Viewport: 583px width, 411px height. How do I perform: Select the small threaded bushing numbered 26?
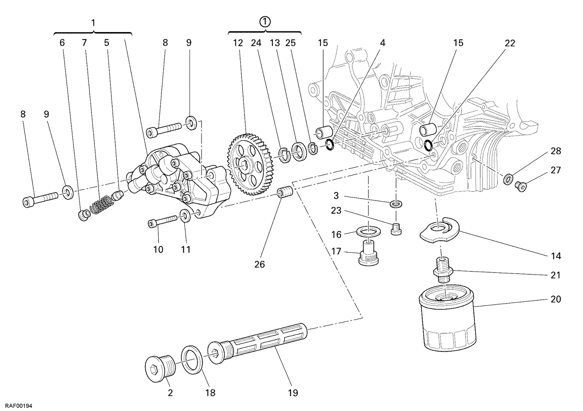coord(285,192)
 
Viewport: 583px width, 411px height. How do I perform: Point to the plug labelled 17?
coord(368,253)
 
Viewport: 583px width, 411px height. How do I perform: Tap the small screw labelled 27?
coord(521,186)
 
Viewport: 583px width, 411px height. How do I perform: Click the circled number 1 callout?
coord(265,21)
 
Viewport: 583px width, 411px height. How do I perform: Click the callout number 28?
coord(556,151)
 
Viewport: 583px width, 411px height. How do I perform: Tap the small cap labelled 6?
coord(84,215)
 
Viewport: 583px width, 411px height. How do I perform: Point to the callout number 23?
coord(336,210)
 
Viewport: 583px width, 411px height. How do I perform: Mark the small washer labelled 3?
coord(396,204)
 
